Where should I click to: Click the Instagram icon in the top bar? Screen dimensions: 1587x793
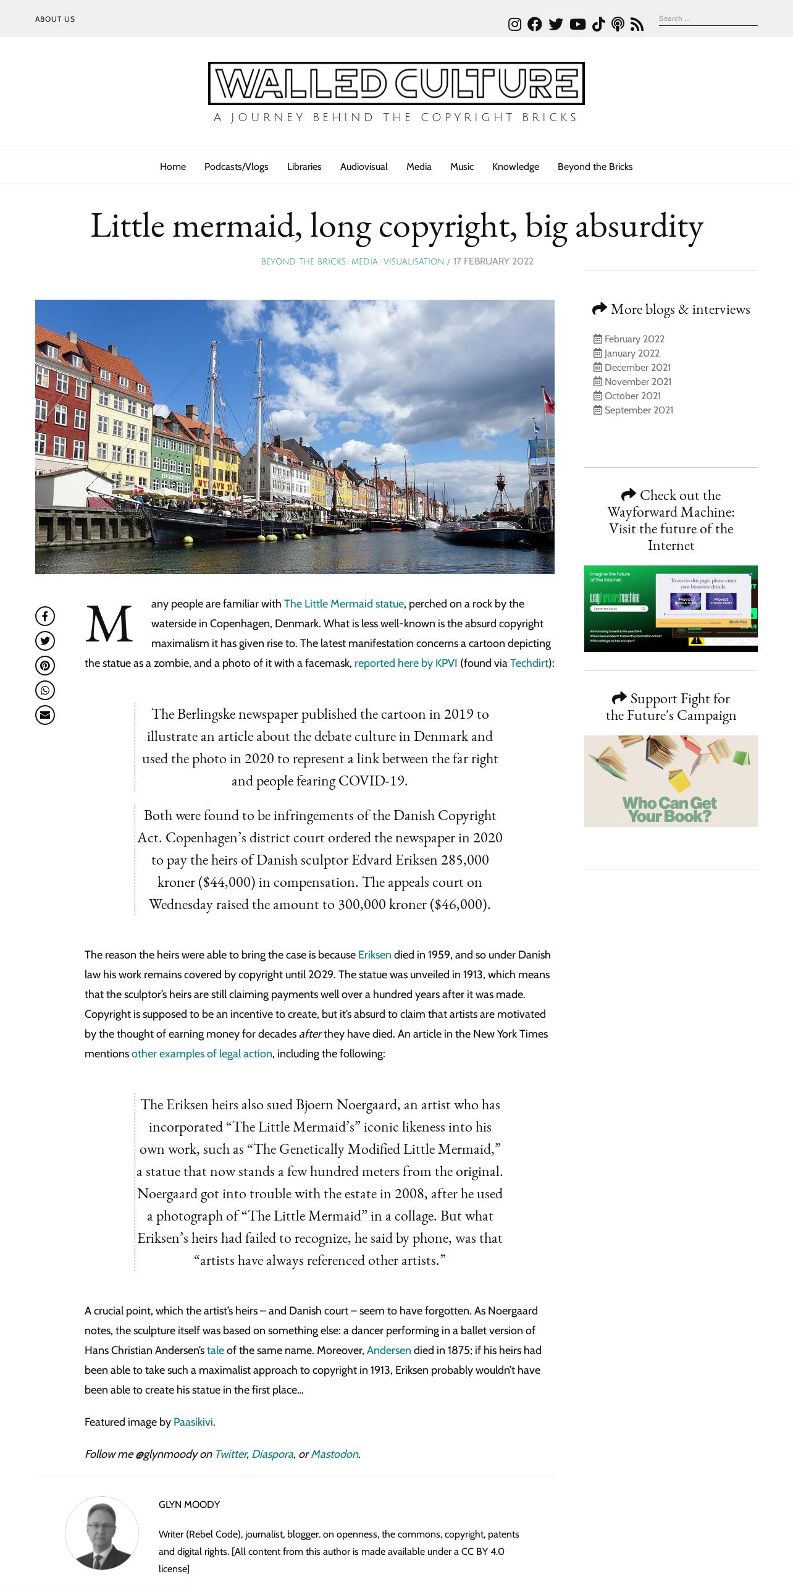point(514,24)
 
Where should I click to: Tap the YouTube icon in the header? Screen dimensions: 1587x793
point(577,24)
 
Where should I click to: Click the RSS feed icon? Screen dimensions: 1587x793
point(637,24)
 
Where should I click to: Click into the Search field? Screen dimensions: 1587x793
point(707,19)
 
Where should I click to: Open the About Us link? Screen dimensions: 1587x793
point(55,19)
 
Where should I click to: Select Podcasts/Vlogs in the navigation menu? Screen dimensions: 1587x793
point(236,167)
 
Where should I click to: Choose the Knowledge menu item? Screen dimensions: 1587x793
point(515,167)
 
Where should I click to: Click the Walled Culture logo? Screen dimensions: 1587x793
point(396,83)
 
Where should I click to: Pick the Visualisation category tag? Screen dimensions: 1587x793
point(414,261)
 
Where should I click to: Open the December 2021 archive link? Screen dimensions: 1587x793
point(637,368)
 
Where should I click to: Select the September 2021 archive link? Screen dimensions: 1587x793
point(639,410)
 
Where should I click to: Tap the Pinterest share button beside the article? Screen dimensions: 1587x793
point(45,666)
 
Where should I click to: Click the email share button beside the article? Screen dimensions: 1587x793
point(45,715)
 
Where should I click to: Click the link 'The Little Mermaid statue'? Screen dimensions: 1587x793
point(343,604)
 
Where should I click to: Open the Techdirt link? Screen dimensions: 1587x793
point(529,663)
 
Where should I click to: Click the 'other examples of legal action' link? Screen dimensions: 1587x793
point(202,1054)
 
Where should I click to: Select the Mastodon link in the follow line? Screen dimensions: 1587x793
point(334,1454)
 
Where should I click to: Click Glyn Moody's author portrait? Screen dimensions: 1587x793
point(102,1533)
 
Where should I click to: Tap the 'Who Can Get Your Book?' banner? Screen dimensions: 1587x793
point(671,781)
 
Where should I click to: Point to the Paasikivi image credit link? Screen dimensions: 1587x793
point(193,1422)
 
